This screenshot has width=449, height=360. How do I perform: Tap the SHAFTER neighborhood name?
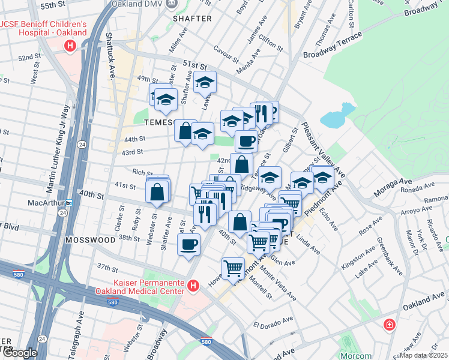tap(192, 19)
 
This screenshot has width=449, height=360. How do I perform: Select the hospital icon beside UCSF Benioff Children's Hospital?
tap(71, 45)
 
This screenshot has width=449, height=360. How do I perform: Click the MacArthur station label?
tap(46, 203)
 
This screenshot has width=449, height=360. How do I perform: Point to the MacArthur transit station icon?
tap(69, 203)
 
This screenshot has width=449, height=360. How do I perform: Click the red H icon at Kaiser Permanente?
tap(192, 286)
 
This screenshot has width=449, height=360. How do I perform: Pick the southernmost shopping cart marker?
tap(233, 267)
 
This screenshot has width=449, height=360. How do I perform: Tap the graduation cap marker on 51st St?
tap(205, 82)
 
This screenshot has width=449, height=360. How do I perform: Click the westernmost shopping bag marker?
tap(157, 192)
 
